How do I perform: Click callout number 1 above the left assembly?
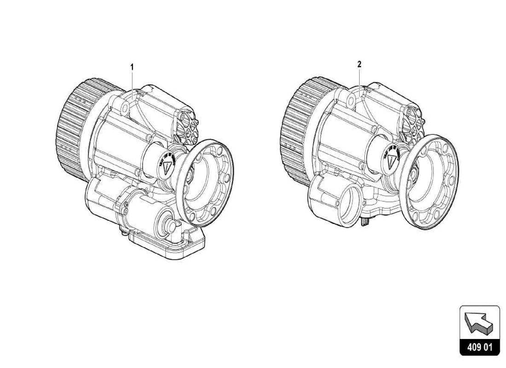132,67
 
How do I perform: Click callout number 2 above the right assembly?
360,65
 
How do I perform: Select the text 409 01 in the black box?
479,347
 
